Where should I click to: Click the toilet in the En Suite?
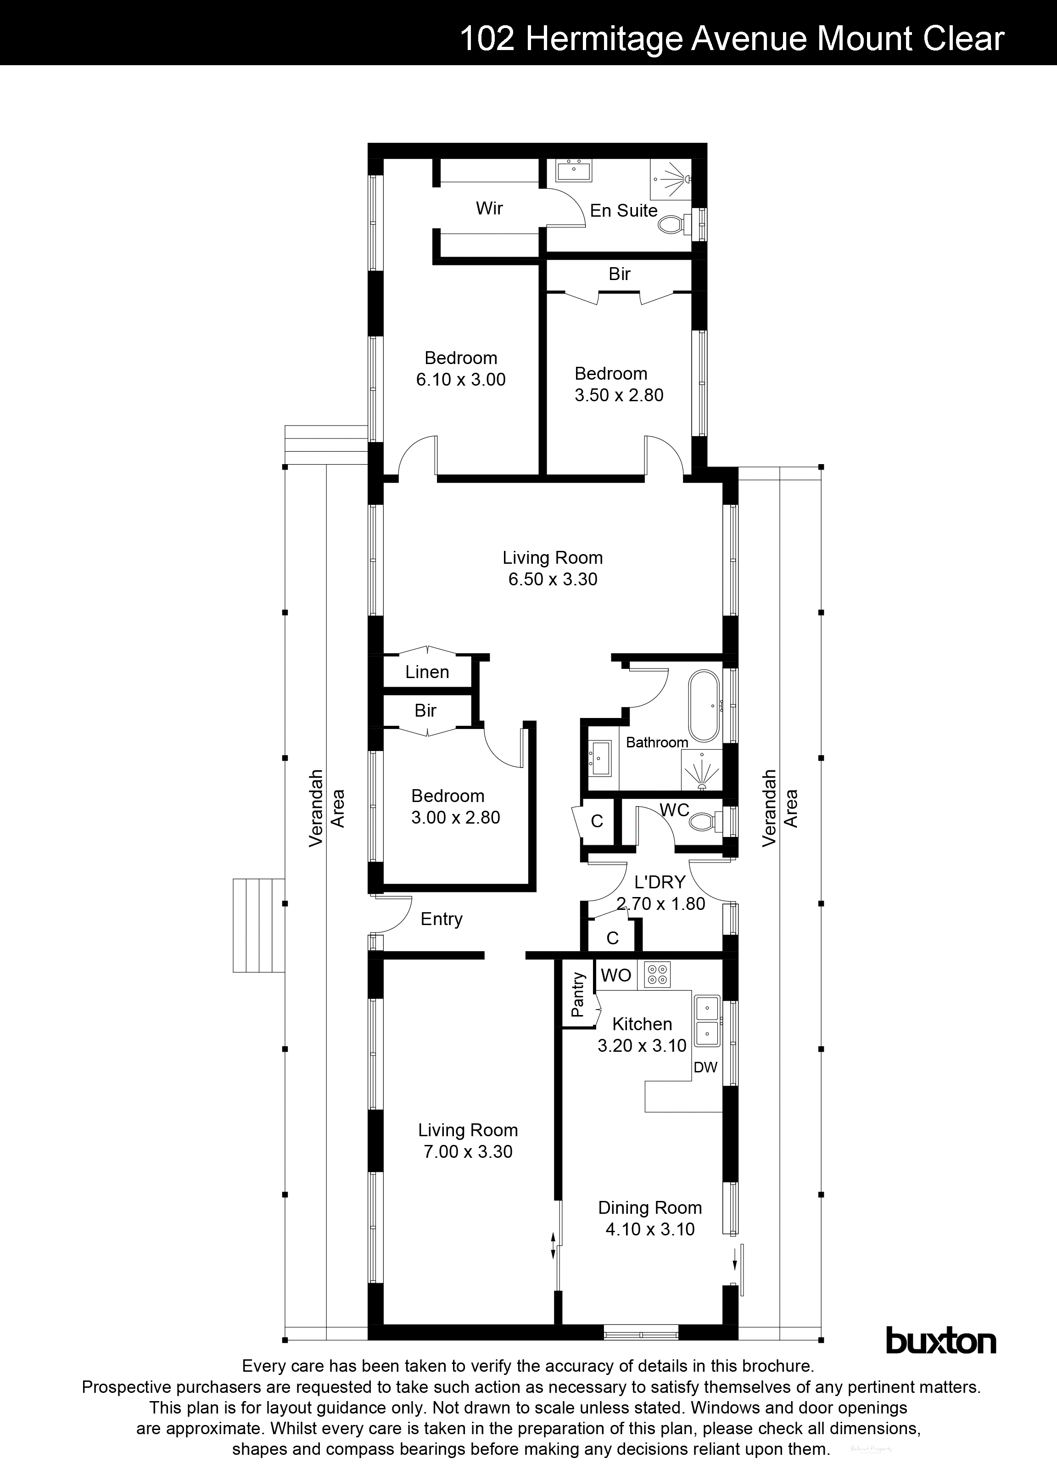(x=673, y=224)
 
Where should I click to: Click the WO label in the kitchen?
(x=615, y=976)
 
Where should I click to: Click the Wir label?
(x=489, y=208)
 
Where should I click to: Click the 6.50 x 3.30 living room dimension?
(x=553, y=579)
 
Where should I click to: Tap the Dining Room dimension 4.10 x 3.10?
(x=650, y=1229)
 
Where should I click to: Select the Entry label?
(x=442, y=919)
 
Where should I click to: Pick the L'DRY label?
(x=660, y=882)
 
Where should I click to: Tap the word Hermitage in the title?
(x=604, y=39)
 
